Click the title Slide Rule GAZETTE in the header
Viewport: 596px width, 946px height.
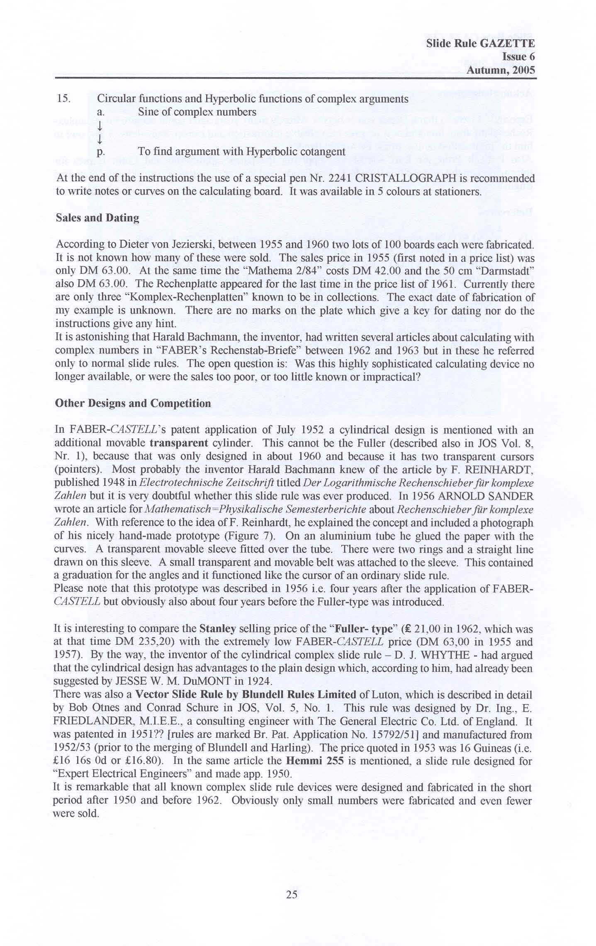[x=480, y=44]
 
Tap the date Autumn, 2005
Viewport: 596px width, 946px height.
[x=501, y=70]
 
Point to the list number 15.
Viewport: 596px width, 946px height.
[x=63, y=99]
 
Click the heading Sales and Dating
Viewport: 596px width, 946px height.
[x=97, y=218]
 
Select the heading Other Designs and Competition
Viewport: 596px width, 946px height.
[x=133, y=403]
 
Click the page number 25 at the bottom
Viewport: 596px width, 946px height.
[x=292, y=895]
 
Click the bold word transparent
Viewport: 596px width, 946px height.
[x=179, y=443]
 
